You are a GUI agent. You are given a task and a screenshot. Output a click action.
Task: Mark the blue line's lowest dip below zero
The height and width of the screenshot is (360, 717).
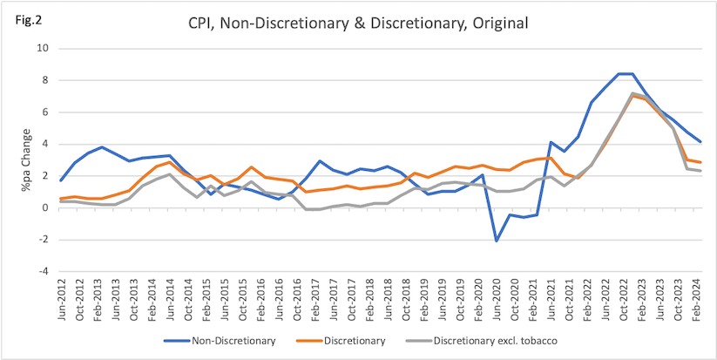496,241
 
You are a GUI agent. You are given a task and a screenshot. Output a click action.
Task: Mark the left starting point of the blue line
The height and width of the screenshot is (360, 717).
61,180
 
